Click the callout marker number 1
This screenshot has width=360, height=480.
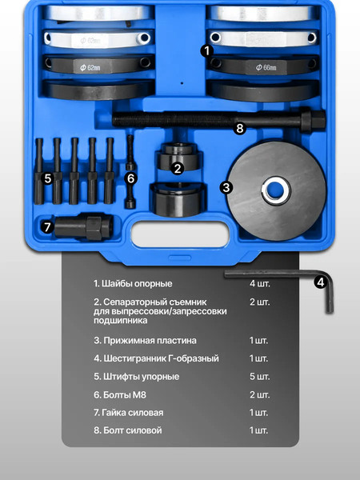[x=206, y=50]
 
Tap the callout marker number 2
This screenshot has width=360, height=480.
[x=178, y=168]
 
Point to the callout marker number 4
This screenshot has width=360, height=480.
[x=320, y=282]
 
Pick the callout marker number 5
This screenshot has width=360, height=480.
[x=47, y=178]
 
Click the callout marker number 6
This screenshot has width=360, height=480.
[x=132, y=178]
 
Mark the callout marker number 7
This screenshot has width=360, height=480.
[x=47, y=226]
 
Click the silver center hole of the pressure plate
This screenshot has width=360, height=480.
[x=275, y=190]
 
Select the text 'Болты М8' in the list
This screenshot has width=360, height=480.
[x=121, y=395]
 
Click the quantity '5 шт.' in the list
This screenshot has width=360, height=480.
[x=259, y=376]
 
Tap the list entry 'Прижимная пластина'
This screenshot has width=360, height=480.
[x=144, y=340]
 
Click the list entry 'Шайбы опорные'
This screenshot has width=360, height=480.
[x=133, y=284]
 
